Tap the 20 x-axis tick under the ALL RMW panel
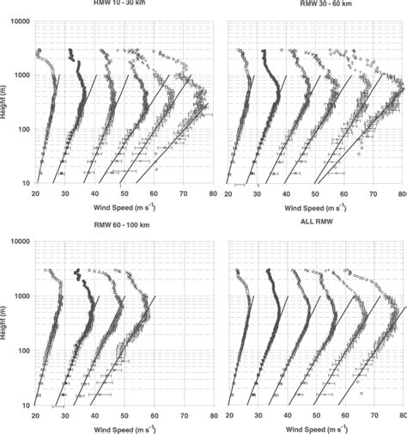coord(228,415)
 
